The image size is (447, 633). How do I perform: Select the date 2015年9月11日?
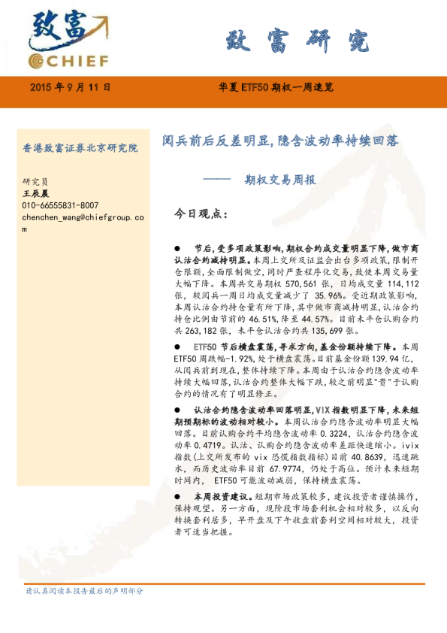[x=71, y=88]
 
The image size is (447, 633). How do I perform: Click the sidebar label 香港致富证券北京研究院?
[x=80, y=148]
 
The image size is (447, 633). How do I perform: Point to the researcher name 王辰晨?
[x=35, y=193]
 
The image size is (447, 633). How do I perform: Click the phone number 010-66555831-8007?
[x=60, y=205]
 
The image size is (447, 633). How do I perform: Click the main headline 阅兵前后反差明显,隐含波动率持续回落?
[x=280, y=141]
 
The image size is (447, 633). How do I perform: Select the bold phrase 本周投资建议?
[x=217, y=497]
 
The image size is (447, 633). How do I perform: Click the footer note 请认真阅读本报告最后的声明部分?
[x=84, y=591]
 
